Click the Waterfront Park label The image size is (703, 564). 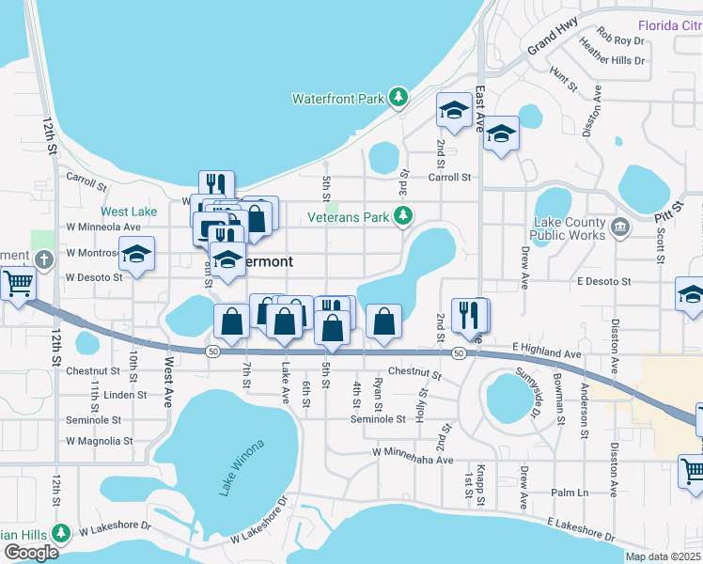tap(338, 98)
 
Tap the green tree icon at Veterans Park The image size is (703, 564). tap(403, 217)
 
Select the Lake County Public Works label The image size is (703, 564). tap(570, 228)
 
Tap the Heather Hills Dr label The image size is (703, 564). tap(613, 60)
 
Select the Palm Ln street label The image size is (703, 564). tap(569, 493)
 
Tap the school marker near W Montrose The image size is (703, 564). tap(137, 255)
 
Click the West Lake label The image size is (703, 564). tap(129, 211)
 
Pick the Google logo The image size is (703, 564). tap(31, 553)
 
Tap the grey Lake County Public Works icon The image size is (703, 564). tap(620, 227)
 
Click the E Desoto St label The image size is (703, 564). tap(603, 281)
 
